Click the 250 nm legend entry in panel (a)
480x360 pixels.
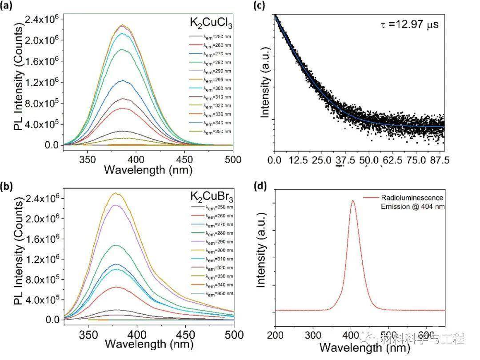217,36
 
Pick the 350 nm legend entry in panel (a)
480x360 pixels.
217,132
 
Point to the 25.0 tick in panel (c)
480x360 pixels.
330,160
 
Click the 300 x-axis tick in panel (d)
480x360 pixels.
314,334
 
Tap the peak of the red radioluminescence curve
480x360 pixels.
353,200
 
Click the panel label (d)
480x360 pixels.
260,186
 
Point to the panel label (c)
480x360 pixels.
260,6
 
